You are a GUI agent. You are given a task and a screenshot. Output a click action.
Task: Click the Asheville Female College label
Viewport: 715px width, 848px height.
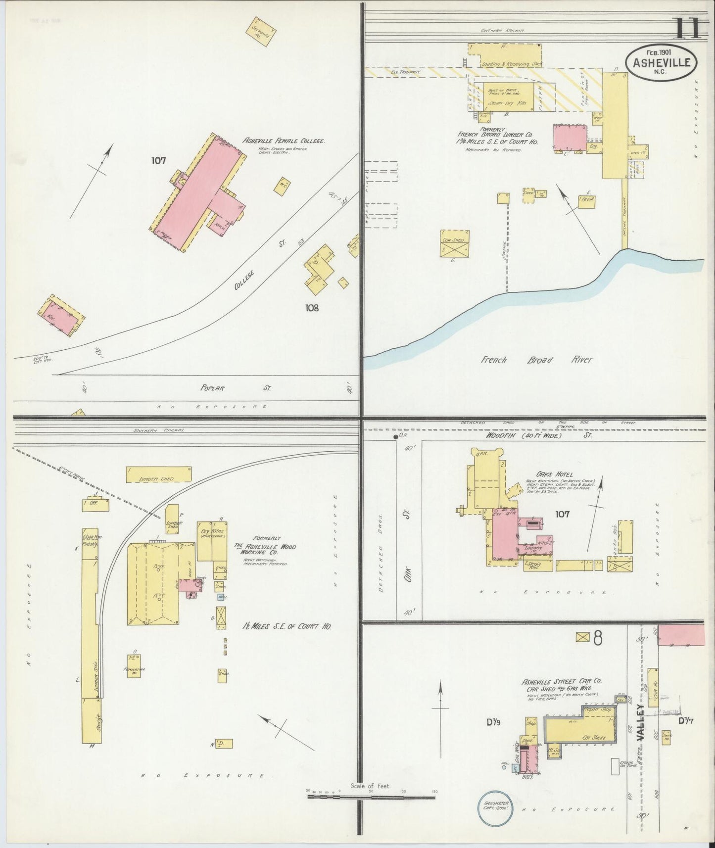(x=284, y=141)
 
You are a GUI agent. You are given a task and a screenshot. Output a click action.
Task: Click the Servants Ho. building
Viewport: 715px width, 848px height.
(x=260, y=32)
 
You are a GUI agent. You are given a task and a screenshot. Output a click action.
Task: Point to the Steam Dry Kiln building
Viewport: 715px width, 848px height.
(x=505, y=98)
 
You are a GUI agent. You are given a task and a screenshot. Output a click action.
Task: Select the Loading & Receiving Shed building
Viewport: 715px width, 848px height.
(x=505, y=56)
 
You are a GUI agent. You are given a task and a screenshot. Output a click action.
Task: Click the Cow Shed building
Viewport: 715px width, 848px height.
(x=454, y=243)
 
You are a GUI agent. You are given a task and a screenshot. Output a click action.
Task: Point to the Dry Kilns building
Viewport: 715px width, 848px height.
(x=212, y=540)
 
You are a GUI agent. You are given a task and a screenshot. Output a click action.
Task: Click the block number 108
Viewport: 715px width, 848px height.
(x=312, y=308)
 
